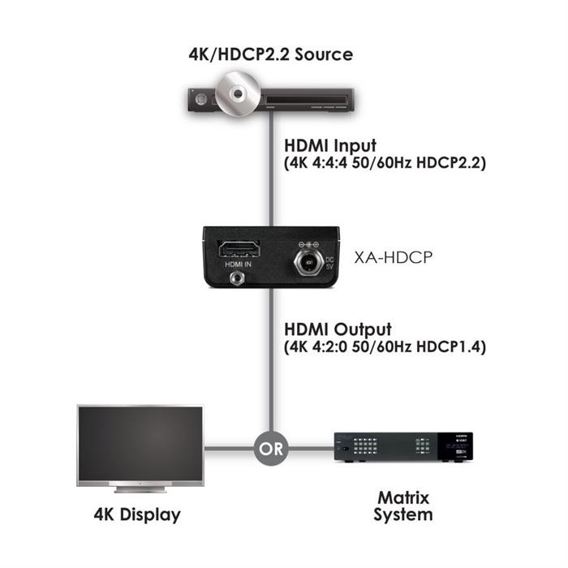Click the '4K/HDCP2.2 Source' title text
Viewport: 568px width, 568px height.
point(270,54)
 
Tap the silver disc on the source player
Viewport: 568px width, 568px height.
point(238,94)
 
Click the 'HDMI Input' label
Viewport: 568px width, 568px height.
point(330,145)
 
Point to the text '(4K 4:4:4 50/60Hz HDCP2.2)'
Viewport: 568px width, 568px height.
point(385,163)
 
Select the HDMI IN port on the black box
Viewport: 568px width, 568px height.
point(239,250)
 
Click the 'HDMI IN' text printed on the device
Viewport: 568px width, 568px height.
point(238,265)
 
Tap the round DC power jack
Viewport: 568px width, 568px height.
point(308,261)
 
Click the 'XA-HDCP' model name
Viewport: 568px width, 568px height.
point(393,257)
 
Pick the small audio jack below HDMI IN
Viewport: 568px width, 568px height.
point(237,278)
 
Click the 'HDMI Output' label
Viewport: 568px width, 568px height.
point(338,329)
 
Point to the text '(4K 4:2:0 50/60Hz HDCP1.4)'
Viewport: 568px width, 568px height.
point(385,347)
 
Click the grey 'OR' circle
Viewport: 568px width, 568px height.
point(271,449)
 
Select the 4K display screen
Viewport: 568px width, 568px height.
point(140,445)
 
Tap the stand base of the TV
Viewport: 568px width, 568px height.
point(140,490)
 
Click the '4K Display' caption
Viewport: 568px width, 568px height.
point(137,514)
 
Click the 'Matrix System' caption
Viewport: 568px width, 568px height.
point(403,506)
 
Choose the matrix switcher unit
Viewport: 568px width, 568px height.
point(403,447)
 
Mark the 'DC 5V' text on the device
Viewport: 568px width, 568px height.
point(329,264)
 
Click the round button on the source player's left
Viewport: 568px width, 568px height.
point(200,99)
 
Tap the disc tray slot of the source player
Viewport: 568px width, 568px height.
point(307,99)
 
